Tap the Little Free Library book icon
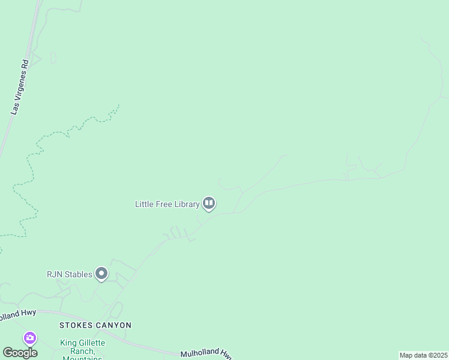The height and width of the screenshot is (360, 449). tap(209, 204)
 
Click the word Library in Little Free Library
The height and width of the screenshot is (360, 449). tap(185, 204)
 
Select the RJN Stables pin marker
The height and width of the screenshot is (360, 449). tap(101, 274)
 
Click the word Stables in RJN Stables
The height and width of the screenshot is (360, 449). tap(78, 274)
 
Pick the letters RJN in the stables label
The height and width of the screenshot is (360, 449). tap(55, 274)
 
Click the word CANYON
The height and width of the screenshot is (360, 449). tap(113, 325)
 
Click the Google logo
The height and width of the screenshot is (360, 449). tap(20, 353)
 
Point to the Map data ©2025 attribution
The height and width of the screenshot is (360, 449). tap(423, 355)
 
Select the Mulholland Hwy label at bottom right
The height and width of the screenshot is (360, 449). tap(206, 354)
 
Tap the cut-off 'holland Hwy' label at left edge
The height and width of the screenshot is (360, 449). tap(18, 314)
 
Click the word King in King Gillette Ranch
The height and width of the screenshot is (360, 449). tap(68, 343)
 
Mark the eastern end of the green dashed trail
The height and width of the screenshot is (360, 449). tap(119, 105)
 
